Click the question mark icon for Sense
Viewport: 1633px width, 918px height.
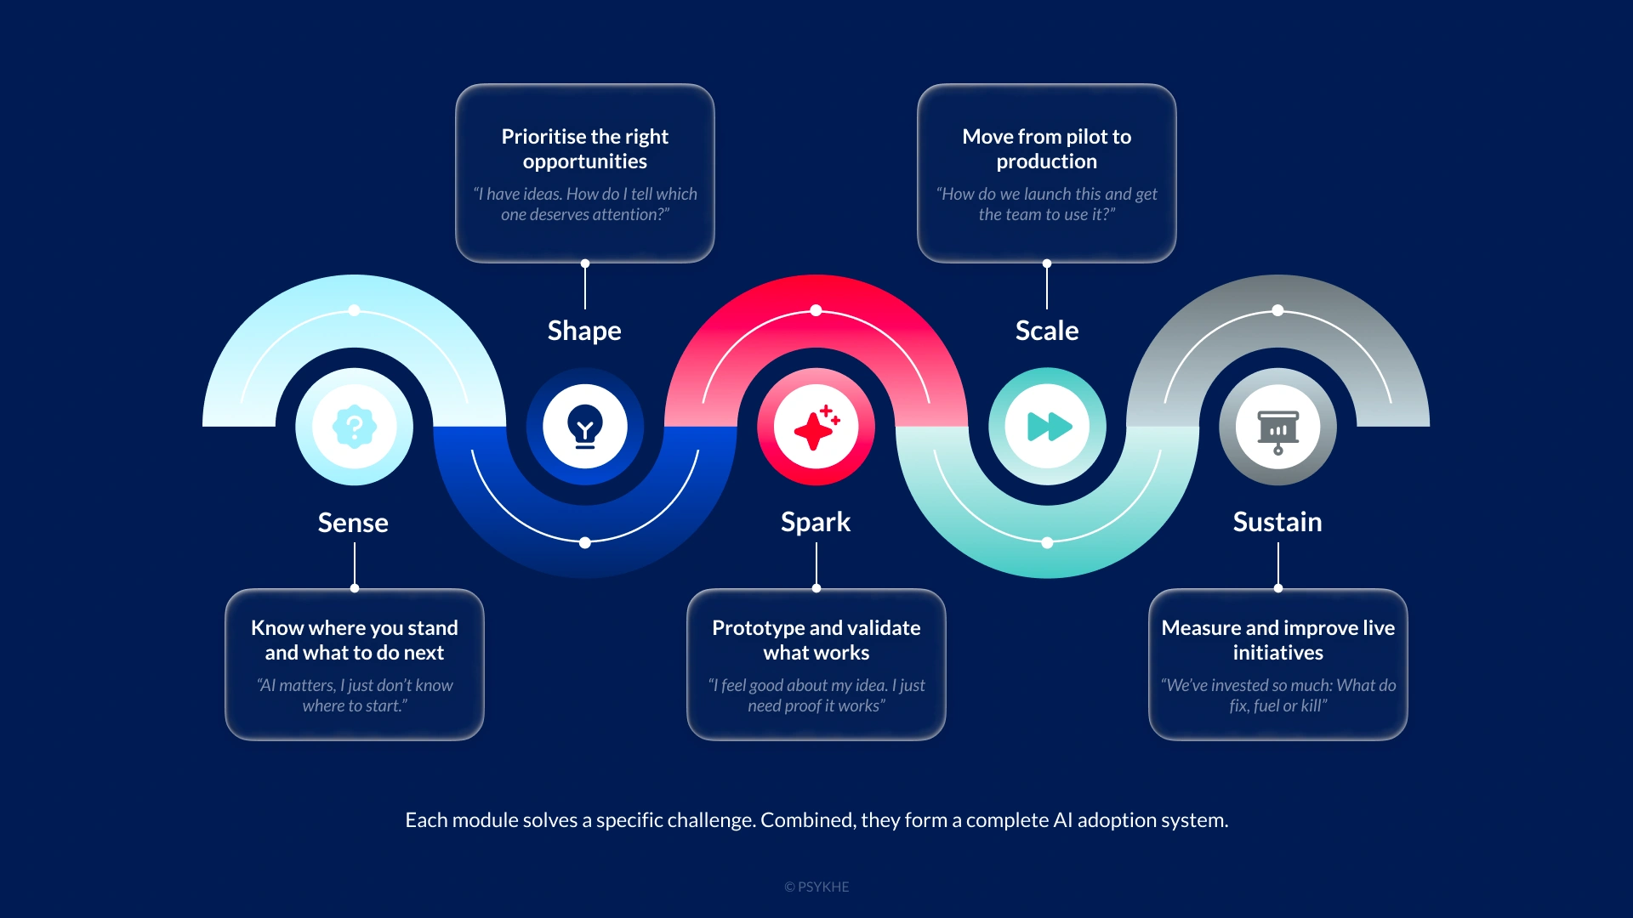click(x=355, y=427)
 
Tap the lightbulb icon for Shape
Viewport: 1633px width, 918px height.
click(x=585, y=427)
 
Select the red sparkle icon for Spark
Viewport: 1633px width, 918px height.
click(x=816, y=427)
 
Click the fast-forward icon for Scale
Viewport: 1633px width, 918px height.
click(x=1048, y=427)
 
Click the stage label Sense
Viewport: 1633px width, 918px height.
click(x=353, y=522)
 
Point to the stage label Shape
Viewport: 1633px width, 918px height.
click(x=584, y=330)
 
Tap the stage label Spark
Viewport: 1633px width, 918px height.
click(x=816, y=521)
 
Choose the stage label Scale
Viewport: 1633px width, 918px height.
click(x=1047, y=330)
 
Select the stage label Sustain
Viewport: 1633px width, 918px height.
click(x=1277, y=521)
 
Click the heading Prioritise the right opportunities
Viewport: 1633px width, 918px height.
click(x=585, y=149)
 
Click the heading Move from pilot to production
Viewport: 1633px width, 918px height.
click(x=1047, y=149)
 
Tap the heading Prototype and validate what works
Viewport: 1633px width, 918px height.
click(x=816, y=640)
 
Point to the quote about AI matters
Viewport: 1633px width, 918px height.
click(x=355, y=695)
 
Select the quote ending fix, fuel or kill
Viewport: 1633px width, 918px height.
click(x=1278, y=695)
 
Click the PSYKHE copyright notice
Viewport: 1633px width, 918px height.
click(x=816, y=887)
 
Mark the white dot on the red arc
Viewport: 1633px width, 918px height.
click(x=816, y=310)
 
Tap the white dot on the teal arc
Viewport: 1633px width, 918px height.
click(x=1048, y=542)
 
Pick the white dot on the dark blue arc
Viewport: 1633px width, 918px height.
click(x=585, y=542)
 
